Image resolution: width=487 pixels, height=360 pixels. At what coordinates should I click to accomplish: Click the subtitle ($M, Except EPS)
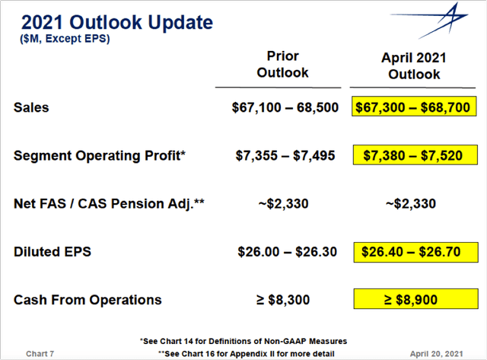click(x=64, y=39)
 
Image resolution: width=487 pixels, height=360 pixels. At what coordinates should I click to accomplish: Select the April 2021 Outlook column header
click(x=414, y=66)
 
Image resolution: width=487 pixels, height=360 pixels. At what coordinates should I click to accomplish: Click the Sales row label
click(x=31, y=107)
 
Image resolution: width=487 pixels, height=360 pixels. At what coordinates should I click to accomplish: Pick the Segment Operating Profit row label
click(x=99, y=155)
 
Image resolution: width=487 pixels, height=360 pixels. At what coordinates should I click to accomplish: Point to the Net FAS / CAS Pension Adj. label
click(x=110, y=203)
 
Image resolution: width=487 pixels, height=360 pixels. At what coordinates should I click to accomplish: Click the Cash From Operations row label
click(x=88, y=299)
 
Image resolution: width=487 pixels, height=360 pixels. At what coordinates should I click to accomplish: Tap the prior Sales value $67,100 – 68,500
click(x=285, y=107)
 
